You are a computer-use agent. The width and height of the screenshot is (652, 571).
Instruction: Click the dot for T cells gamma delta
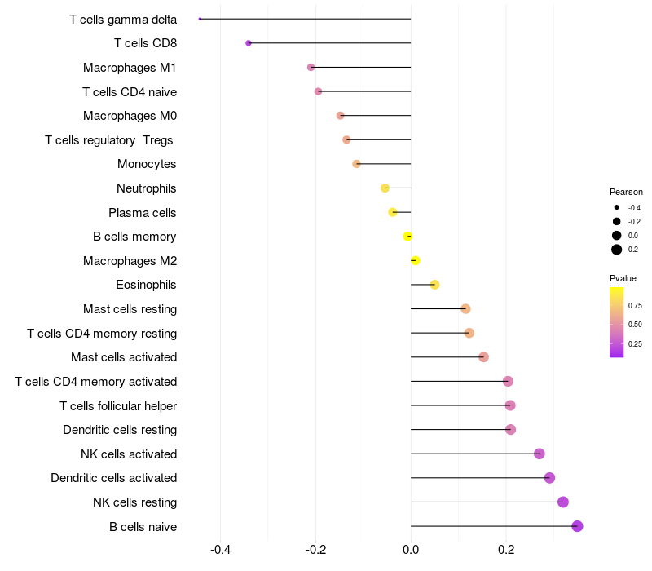pos(200,19)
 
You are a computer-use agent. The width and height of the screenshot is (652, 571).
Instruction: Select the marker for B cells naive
pos(577,526)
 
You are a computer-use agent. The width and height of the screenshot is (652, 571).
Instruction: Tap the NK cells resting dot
pos(562,502)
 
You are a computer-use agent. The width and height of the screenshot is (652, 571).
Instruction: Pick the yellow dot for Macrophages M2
pos(415,260)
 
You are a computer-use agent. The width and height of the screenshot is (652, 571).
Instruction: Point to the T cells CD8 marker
pos(249,43)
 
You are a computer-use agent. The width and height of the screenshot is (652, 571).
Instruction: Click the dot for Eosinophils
pos(434,285)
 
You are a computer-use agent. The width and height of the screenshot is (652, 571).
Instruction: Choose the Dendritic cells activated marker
pos(549,478)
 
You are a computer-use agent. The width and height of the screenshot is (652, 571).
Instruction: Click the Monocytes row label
pos(147,164)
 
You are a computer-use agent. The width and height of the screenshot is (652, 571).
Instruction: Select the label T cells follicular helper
pos(118,405)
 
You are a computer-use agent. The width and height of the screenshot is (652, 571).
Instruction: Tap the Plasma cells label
pos(143,212)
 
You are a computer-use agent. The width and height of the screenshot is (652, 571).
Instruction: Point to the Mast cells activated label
pos(124,357)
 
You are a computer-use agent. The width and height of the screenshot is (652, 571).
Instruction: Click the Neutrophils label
pos(147,188)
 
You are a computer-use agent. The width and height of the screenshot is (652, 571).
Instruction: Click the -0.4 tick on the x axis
pos(220,550)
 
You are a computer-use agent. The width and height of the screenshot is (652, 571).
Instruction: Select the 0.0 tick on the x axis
pos(411,550)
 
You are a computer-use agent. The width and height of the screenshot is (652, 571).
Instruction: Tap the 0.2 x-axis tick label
pos(506,550)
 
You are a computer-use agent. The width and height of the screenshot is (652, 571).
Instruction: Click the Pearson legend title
pos(626,192)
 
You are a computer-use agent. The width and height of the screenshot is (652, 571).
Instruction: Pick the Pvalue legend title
pos(623,278)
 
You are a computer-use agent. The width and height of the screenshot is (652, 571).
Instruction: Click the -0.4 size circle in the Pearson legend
pos(617,207)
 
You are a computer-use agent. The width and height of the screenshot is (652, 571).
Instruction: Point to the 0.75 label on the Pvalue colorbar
pos(635,305)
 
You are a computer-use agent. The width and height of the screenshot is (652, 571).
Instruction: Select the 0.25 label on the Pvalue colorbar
pos(635,343)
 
